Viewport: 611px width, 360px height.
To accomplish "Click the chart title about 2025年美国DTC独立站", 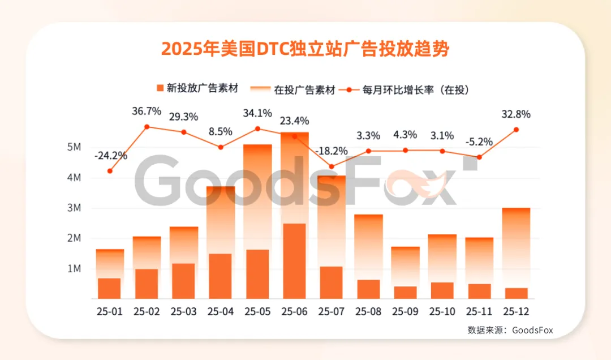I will click(305, 49).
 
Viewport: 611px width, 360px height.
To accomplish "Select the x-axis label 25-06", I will click(294, 311).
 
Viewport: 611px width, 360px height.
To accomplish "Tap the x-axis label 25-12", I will click(515, 311).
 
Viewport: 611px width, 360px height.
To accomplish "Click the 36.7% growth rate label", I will click(147, 112).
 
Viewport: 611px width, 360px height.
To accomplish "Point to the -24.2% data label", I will click(111, 155).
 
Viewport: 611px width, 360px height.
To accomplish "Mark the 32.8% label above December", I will click(516, 114).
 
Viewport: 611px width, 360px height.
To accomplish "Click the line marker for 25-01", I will click(110, 171).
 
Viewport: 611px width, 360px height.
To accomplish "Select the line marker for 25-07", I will click(332, 166).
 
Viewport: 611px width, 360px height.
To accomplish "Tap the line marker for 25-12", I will click(516, 130).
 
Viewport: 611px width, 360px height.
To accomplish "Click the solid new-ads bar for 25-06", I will click(294, 261).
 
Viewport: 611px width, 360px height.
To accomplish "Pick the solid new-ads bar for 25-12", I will click(516, 293).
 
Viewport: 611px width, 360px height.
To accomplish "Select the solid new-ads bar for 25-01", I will click(110, 288).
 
